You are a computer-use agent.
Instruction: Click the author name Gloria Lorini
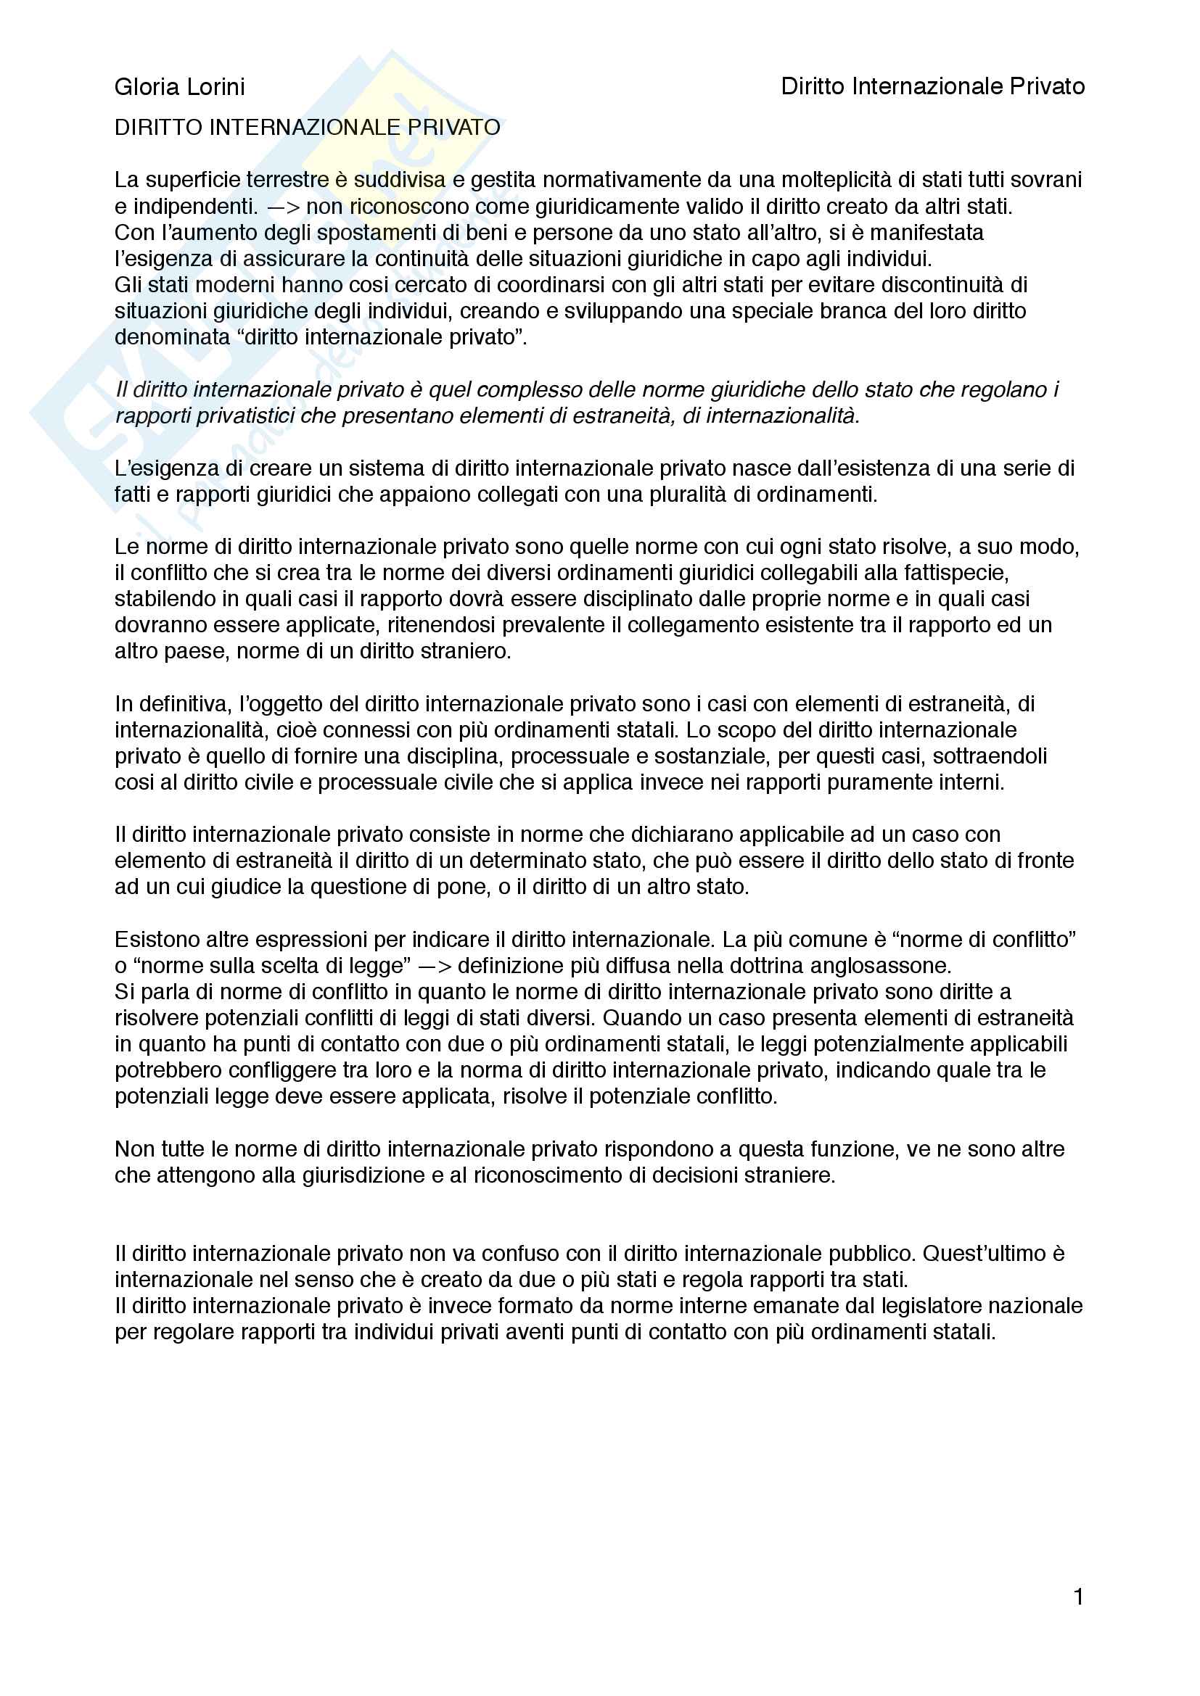(179, 87)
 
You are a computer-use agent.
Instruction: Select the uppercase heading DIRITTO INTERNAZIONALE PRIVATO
(308, 128)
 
